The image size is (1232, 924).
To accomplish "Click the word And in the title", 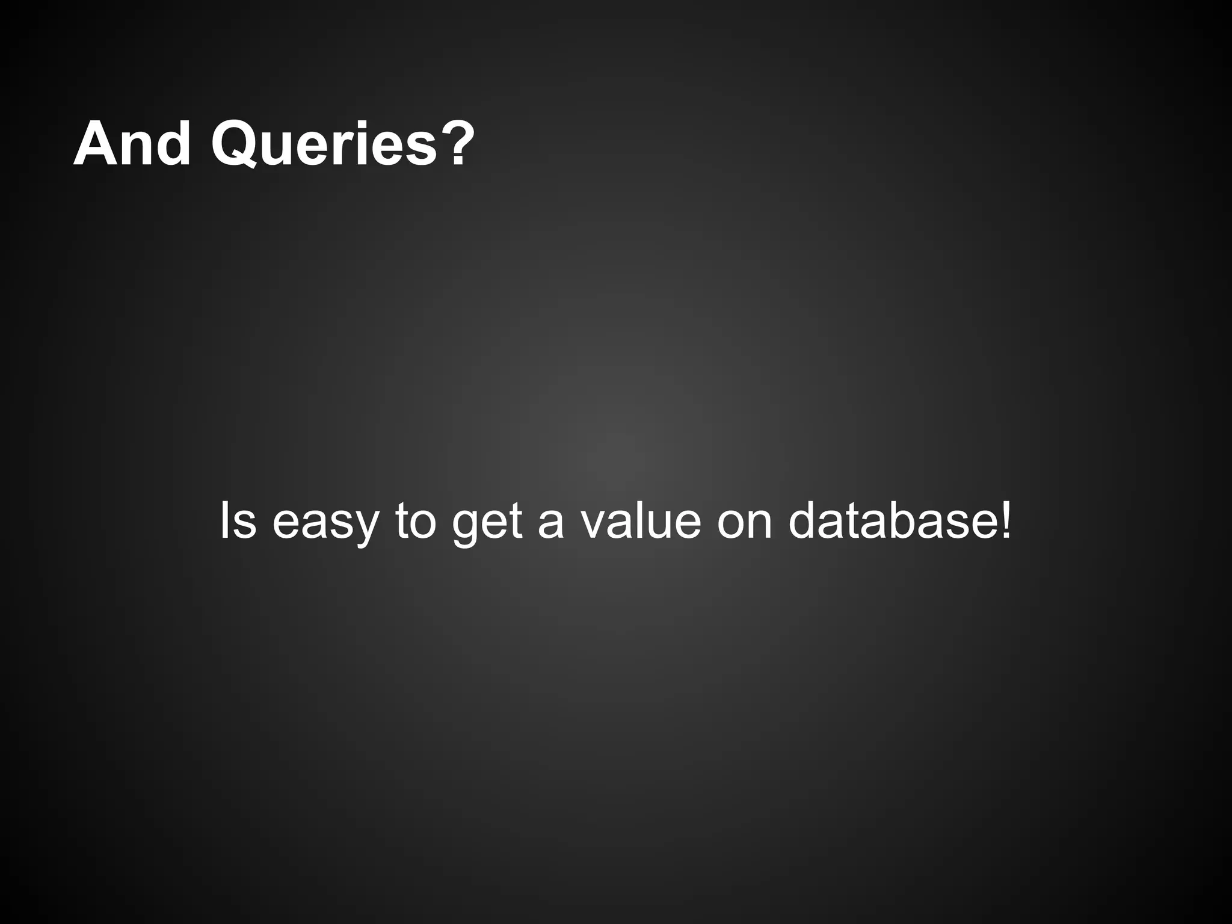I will pos(132,144).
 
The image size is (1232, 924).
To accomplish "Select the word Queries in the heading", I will pos(324,144).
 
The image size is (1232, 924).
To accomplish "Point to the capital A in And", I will pos(96,144).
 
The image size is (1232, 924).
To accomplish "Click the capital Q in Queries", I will pos(238,144).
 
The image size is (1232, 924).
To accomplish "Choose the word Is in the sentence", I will pos(238,521).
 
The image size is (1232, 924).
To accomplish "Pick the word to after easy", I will pos(416,521).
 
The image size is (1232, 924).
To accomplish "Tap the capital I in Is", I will pos(224,521).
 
